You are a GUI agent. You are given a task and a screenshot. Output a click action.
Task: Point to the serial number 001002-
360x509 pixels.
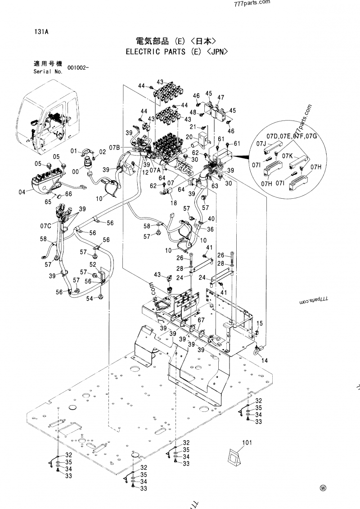(x=78, y=68)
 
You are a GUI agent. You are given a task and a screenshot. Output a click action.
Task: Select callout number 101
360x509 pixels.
(x=247, y=443)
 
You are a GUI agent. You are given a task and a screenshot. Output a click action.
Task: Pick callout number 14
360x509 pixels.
(x=264, y=361)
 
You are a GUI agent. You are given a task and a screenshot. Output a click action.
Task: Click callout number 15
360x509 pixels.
(x=260, y=323)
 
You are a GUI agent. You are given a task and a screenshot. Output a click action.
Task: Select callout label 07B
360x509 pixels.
(x=115, y=147)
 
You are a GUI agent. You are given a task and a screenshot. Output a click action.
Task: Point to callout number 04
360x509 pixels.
(x=22, y=192)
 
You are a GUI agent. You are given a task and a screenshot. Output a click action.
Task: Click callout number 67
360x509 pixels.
(x=201, y=320)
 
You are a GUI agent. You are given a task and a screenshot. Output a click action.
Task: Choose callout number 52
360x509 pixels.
(x=93, y=264)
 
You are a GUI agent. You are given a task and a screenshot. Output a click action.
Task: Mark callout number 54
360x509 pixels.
(x=90, y=298)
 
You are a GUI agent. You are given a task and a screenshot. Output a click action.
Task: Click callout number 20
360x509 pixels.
(x=189, y=137)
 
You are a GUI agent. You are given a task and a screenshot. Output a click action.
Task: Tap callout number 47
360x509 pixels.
(x=221, y=98)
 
